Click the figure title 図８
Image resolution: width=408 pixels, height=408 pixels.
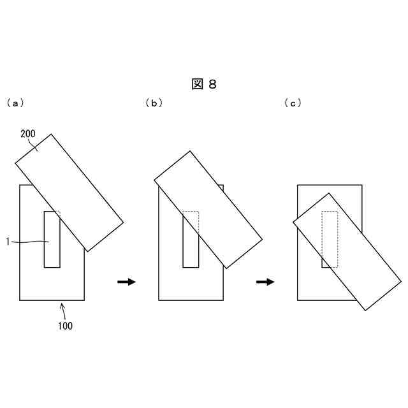204,84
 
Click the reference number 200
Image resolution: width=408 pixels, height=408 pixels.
28,134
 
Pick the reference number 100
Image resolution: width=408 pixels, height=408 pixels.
65,326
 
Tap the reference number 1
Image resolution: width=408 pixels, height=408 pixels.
7,242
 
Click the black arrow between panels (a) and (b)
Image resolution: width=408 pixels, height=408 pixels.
127,282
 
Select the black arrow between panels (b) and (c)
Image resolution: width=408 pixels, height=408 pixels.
266,282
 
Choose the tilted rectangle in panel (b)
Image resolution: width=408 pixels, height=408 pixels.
208,209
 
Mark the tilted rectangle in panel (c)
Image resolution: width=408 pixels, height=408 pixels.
347,251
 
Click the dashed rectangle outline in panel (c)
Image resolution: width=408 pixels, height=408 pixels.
330,238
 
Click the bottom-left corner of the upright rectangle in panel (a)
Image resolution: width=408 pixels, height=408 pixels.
20,300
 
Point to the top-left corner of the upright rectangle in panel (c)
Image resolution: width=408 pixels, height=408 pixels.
298,185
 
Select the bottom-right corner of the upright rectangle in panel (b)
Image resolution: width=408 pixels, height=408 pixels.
223,300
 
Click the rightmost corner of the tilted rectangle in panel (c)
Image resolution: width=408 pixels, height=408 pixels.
401,281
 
